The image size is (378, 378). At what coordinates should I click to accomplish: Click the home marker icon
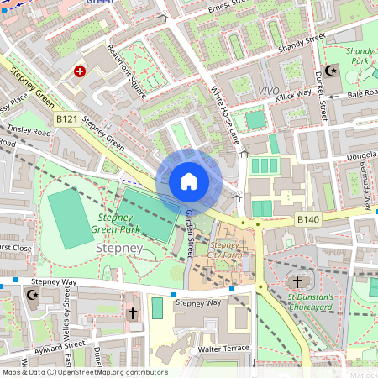(x=189, y=181)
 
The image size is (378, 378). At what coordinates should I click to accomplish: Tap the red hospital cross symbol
(x=81, y=72)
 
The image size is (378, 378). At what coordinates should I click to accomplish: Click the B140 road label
(x=308, y=220)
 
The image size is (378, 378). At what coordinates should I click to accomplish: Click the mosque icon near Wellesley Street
(x=34, y=296)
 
